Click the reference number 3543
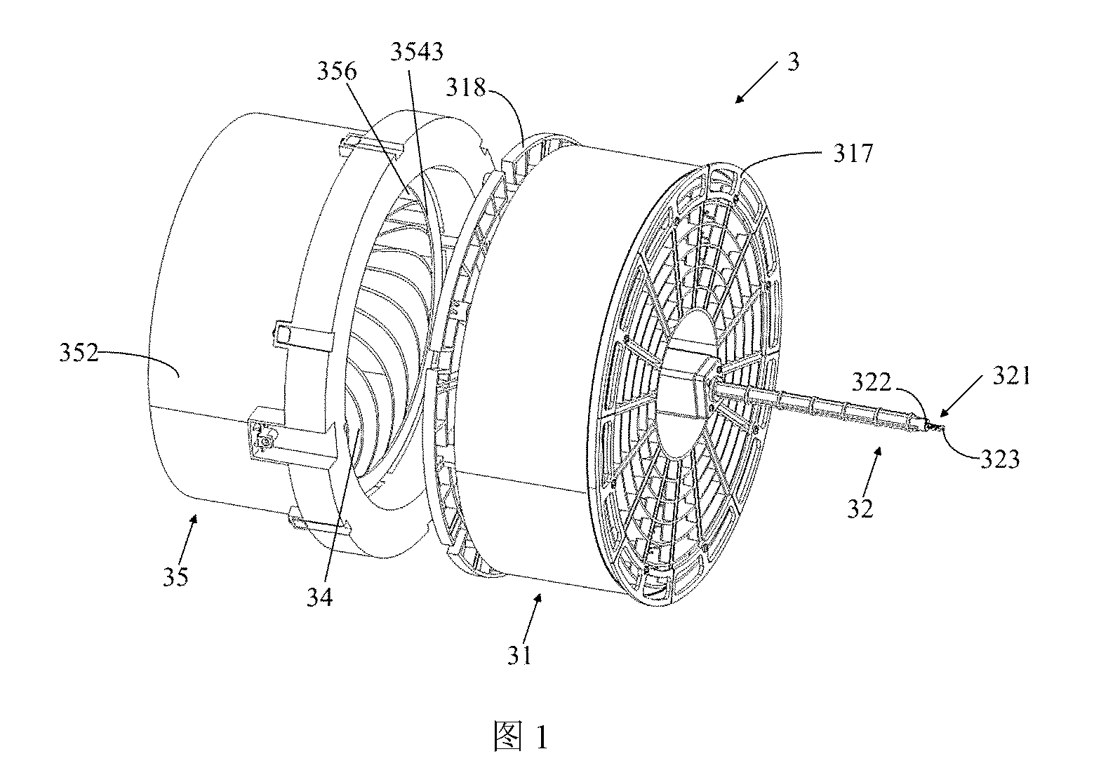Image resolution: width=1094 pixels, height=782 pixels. click(417, 51)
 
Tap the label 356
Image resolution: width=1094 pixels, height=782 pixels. click(337, 72)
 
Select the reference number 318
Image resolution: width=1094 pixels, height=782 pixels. click(466, 88)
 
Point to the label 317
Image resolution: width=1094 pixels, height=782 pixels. click(853, 154)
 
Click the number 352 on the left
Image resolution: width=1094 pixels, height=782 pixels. click(79, 352)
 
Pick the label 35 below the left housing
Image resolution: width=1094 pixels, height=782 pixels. click(176, 577)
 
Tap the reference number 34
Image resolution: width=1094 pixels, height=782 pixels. click(320, 597)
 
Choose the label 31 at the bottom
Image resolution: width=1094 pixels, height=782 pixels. click(519, 656)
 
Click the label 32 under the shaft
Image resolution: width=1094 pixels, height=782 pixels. click(860, 509)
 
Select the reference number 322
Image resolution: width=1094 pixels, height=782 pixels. click(872, 383)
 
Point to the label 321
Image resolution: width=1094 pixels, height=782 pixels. click(1011, 377)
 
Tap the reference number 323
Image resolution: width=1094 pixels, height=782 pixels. click(1000, 459)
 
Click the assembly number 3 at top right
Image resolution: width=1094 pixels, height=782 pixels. click(794, 62)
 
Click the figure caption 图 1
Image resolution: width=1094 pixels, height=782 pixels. click(521, 736)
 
